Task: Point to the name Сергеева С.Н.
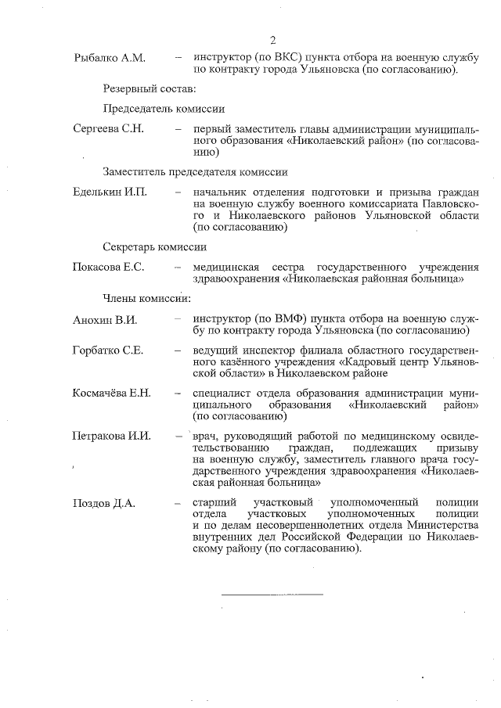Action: coord(108,129)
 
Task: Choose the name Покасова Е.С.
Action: coord(108,267)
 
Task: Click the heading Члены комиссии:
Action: coord(146,298)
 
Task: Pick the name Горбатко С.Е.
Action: coord(107,350)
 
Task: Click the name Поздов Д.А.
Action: coord(103,503)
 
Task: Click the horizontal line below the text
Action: coord(272,595)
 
